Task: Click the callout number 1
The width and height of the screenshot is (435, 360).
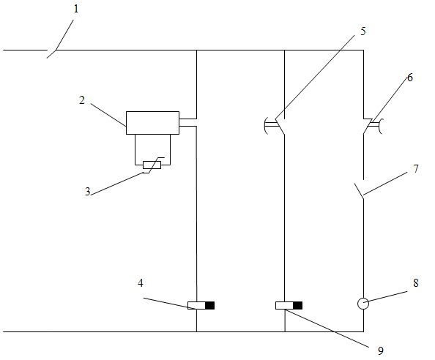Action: [x=76, y=9]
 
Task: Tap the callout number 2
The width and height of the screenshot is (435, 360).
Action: [x=81, y=100]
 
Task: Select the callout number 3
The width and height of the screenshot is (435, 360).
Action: [x=88, y=192]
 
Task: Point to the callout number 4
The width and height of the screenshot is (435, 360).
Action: [x=141, y=283]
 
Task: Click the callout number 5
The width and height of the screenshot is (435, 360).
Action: [x=363, y=31]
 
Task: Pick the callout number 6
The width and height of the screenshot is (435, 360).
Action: [x=410, y=78]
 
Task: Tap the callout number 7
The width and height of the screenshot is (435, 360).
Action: [x=415, y=168]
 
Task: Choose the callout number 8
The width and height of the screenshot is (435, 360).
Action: [x=415, y=283]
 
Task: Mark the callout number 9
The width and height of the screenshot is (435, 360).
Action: [x=381, y=351]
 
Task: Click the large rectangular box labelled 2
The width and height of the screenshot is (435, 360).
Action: [x=152, y=123]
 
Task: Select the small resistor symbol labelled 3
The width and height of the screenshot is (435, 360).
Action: [x=152, y=165]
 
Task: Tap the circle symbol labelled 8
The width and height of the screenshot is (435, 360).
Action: [x=363, y=304]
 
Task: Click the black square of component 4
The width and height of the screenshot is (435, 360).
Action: [x=209, y=305]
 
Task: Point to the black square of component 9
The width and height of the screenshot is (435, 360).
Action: [x=297, y=305]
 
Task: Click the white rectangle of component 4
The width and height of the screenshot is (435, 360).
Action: [x=196, y=305]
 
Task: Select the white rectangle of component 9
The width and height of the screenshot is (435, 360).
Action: [x=284, y=305]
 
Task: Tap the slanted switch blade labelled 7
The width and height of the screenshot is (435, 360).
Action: [x=359, y=191]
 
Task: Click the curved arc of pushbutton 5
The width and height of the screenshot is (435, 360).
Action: [x=266, y=126]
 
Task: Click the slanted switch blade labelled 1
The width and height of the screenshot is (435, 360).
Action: [x=52, y=53]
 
